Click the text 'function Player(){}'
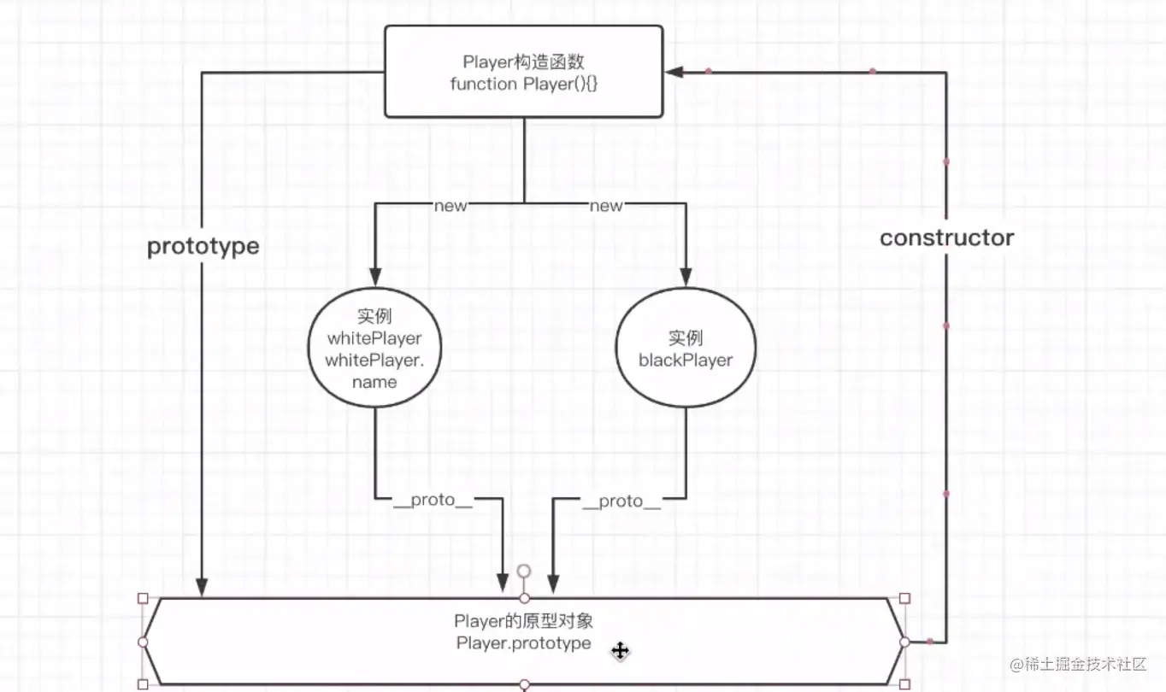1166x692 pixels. [523, 84]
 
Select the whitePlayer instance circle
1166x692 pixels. [374, 349]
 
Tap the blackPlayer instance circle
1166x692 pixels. [686, 349]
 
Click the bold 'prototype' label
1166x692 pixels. [203, 246]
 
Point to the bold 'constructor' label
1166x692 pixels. [946, 238]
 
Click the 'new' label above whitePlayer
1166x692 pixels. [450, 205]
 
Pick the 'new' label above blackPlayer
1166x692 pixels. [606, 205]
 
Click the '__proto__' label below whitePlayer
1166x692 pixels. [433, 501]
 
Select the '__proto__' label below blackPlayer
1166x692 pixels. [621, 501]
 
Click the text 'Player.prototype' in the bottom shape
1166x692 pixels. [523, 642]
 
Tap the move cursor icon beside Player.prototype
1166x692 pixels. [620, 651]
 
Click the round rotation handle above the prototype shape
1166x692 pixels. [524, 571]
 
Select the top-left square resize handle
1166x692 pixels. [143, 598]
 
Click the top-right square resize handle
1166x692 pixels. [905, 598]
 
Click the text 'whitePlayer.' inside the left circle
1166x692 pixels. [374, 361]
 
